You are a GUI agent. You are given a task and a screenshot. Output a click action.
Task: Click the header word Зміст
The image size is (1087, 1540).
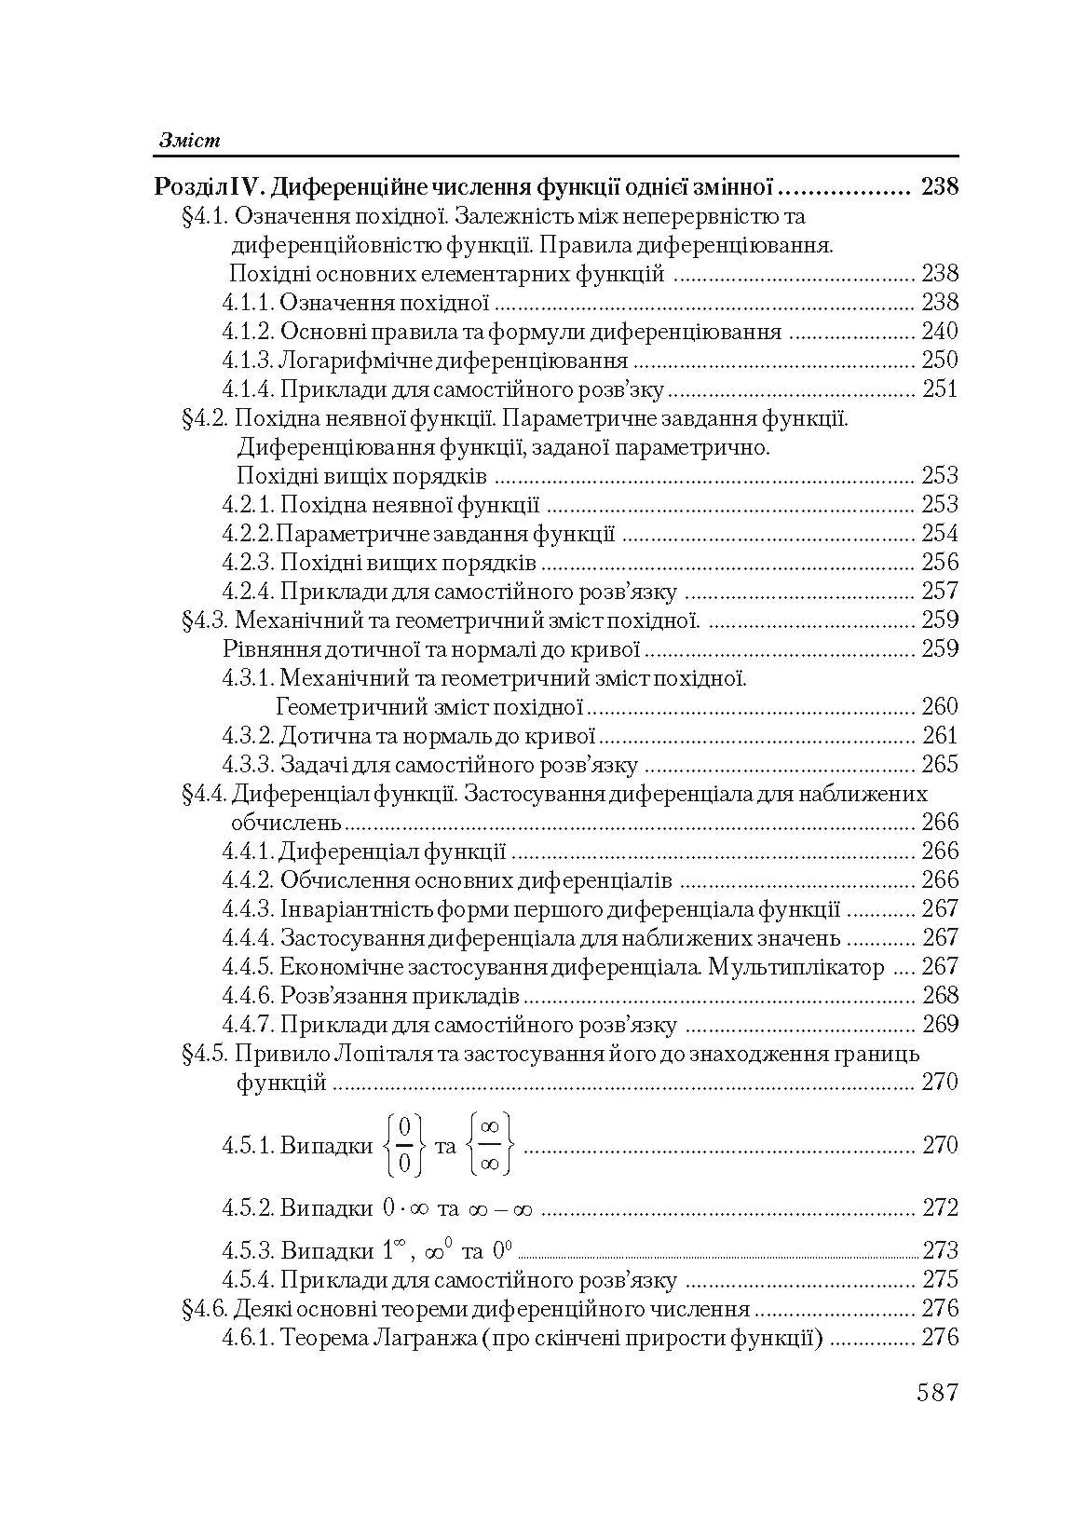tap(189, 140)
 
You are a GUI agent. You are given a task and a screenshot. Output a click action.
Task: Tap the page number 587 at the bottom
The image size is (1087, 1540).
tap(937, 1393)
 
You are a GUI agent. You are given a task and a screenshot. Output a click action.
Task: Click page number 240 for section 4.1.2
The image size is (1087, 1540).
tap(939, 332)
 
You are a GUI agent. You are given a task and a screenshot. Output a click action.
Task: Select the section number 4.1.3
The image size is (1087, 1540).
tap(247, 361)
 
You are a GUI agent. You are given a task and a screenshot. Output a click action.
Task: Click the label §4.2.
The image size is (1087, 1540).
tap(205, 418)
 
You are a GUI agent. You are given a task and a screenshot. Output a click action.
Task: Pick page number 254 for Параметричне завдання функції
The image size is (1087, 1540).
tap(939, 534)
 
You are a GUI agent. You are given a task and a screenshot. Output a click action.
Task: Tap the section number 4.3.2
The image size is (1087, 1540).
tap(247, 736)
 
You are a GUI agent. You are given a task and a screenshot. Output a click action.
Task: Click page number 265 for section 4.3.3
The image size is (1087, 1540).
tap(939, 765)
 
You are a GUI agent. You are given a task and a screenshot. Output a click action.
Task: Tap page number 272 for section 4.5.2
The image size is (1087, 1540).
tap(939, 1208)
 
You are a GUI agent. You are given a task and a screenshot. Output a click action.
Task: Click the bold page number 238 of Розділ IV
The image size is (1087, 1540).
tap(939, 187)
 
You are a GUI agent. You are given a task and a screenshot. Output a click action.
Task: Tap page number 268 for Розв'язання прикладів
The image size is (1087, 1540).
tap(939, 996)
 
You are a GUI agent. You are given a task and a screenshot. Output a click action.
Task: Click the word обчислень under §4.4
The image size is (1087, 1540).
tap(286, 823)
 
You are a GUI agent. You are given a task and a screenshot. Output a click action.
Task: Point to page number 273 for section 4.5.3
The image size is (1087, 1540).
tap(939, 1250)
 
